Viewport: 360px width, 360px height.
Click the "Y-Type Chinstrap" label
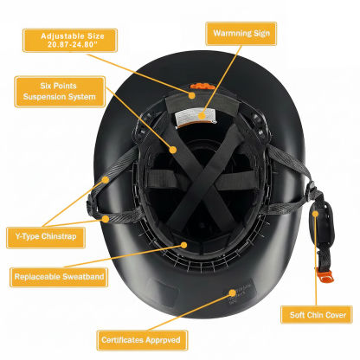pos(44,235)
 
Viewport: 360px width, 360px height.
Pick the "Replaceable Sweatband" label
pos(58,278)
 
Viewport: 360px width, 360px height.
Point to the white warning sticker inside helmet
pos(202,115)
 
